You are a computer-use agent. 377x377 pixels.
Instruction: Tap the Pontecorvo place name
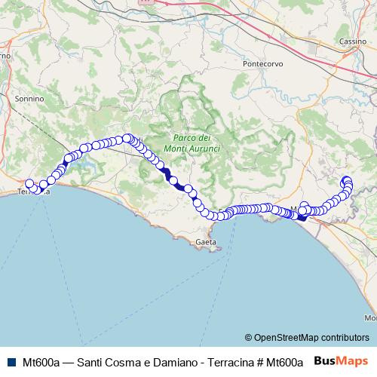point(261,64)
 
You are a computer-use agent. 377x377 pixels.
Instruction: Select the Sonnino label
point(29,98)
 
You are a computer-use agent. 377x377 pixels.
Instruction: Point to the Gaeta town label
point(206,242)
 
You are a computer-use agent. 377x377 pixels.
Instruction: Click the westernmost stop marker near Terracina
point(29,183)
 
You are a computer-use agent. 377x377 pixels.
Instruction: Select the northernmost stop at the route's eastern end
point(347,179)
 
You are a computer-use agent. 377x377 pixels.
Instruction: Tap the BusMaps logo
point(341,361)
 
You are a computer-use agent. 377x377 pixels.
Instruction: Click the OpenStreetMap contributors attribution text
point(311,338)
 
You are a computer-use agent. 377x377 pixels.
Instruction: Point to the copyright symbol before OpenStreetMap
point(248,338)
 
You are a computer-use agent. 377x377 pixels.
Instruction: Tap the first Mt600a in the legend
point(41,362)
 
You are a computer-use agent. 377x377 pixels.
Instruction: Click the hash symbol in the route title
point(260,362)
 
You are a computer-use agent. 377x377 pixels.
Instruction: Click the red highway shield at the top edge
point(146,2)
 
